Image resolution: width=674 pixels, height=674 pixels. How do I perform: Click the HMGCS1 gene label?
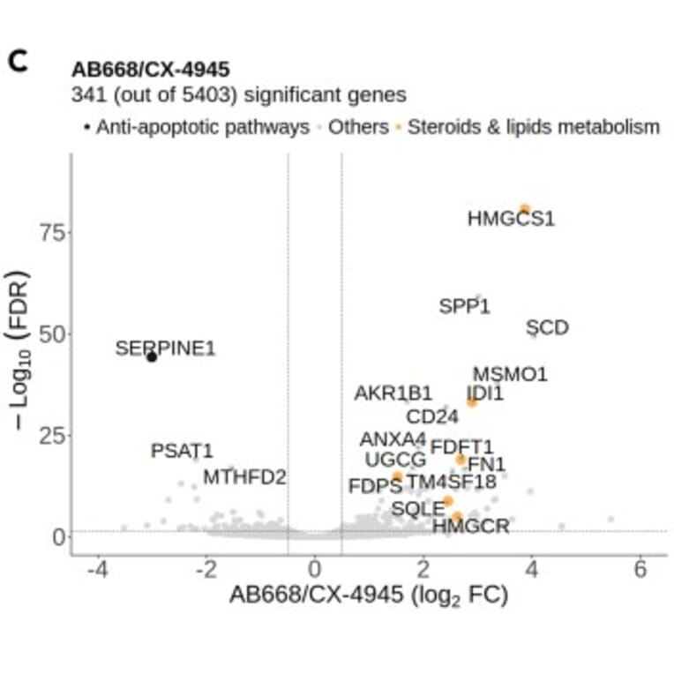coord(511,218)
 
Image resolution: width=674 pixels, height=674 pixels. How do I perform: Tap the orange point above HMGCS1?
coord(524,209)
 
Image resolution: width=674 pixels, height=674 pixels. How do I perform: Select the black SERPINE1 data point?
coord(152,356)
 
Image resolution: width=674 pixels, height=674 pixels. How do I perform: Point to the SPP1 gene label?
coord(464,307)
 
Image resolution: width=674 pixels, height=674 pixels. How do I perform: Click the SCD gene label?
coord(547,328)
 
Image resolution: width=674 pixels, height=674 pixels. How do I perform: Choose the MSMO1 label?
coord(510,374)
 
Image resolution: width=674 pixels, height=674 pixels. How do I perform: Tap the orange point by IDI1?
coord(472,402)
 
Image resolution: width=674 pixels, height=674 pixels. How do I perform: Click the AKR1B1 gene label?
coord(393,393)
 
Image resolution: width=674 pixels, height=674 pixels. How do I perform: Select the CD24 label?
coord(432,416)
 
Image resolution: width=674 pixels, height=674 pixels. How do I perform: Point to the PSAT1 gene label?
coord(182,451)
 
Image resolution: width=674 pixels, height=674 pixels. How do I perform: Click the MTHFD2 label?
coord(244,477)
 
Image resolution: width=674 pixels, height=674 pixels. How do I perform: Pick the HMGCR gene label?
coord(470,527)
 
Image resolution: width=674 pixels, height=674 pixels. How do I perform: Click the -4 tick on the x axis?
coord(97,569)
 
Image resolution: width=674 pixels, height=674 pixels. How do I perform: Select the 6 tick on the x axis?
coord(640,569)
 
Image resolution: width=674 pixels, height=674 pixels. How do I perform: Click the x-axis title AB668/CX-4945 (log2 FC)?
coord(369,595)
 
